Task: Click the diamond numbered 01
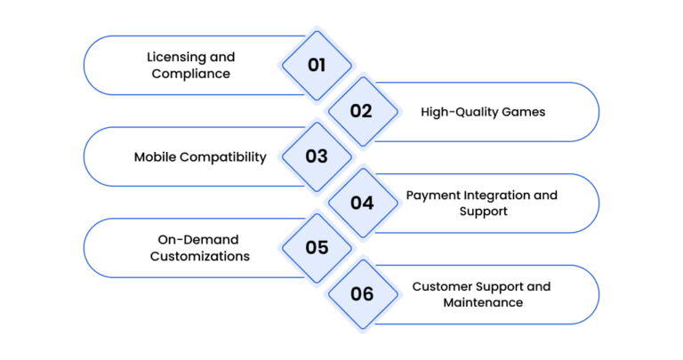coord(317,65)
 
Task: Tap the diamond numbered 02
coord(363,111)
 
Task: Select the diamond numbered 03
coord(317,156)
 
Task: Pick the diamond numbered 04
coord(363,203)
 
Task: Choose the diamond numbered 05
coord(317,248)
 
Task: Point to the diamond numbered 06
coord(363,294)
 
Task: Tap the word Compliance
coord(191,74)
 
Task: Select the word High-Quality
coord(459,112)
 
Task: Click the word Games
coord(524,112)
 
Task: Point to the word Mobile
coord(155,156)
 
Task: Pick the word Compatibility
coord(223,157)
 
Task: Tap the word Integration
coord(496,196)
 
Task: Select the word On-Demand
coord(198,240)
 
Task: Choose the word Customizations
coord(200,256)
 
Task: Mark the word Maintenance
coord(483,302)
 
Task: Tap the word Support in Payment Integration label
coord(484,212)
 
